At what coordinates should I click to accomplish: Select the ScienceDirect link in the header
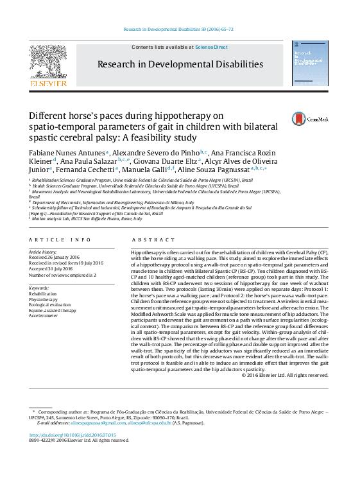point(211,48)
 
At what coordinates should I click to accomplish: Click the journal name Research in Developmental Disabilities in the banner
point(180,64)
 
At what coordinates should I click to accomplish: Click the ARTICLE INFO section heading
point(53,240)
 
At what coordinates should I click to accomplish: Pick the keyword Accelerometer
point(44,315)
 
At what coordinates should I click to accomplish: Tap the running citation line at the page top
point(178,30)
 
